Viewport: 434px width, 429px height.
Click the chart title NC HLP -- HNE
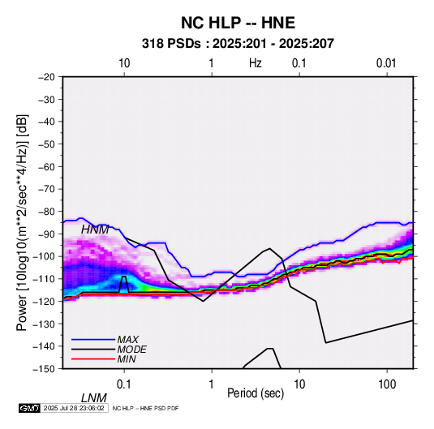pyautogui.click(x=238, y=23)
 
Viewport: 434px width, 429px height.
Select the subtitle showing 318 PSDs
pyautogui.click(x=238, y=44)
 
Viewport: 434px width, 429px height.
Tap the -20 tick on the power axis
pyautogui.click(x=46, y=77)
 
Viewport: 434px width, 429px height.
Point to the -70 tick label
pyautogui.click(x=46, y=189)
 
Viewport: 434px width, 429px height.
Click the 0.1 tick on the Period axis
pyautogui.click(x=124, y=384)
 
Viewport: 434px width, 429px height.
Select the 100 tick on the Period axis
pyautogui.click(x=387, y=384)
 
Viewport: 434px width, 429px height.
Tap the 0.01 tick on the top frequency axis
pyautogui.click(x=386, y=63)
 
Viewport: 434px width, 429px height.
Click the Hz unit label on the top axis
pyautogui.click(x=256, y=63)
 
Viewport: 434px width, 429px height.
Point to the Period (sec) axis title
pyautogui.click(x=256, y=393)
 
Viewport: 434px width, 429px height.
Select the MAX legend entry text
pyautogui.click(x=128, y=339)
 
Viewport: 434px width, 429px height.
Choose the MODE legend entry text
pyautogui.click(x=131, y=350)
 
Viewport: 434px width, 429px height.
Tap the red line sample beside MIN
pyautogui.click(x=93, y=359)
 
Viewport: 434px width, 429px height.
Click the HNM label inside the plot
pyautogui.click(x=95, y=230)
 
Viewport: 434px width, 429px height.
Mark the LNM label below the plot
pyautogui.click(x=94, y=398)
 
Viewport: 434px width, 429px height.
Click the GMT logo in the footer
pyautogui.click(x=30, y=408)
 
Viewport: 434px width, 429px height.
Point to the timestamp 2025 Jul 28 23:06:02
pyautogui.click(x=74, y=408)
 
